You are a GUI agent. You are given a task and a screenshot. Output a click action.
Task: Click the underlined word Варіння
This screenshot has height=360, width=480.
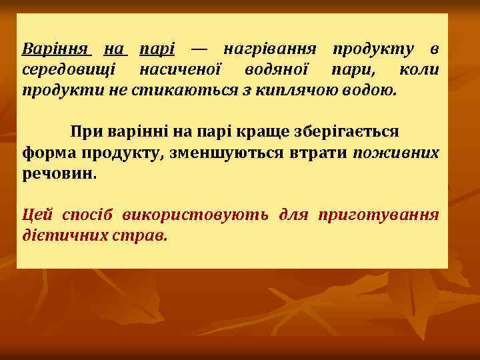[56, 49]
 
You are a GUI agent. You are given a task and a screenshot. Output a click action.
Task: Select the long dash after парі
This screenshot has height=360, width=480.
[199, 49]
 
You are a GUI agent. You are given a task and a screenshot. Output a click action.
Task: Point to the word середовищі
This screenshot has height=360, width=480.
[69, 69]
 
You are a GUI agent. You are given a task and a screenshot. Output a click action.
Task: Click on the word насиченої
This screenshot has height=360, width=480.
[183, 69]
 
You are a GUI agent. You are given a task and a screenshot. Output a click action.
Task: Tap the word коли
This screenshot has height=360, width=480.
[419, 69]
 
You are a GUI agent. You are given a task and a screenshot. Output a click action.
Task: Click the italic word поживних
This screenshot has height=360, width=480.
[396, 153]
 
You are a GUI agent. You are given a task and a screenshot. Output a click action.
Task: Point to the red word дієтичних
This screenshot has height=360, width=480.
[61, 235]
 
